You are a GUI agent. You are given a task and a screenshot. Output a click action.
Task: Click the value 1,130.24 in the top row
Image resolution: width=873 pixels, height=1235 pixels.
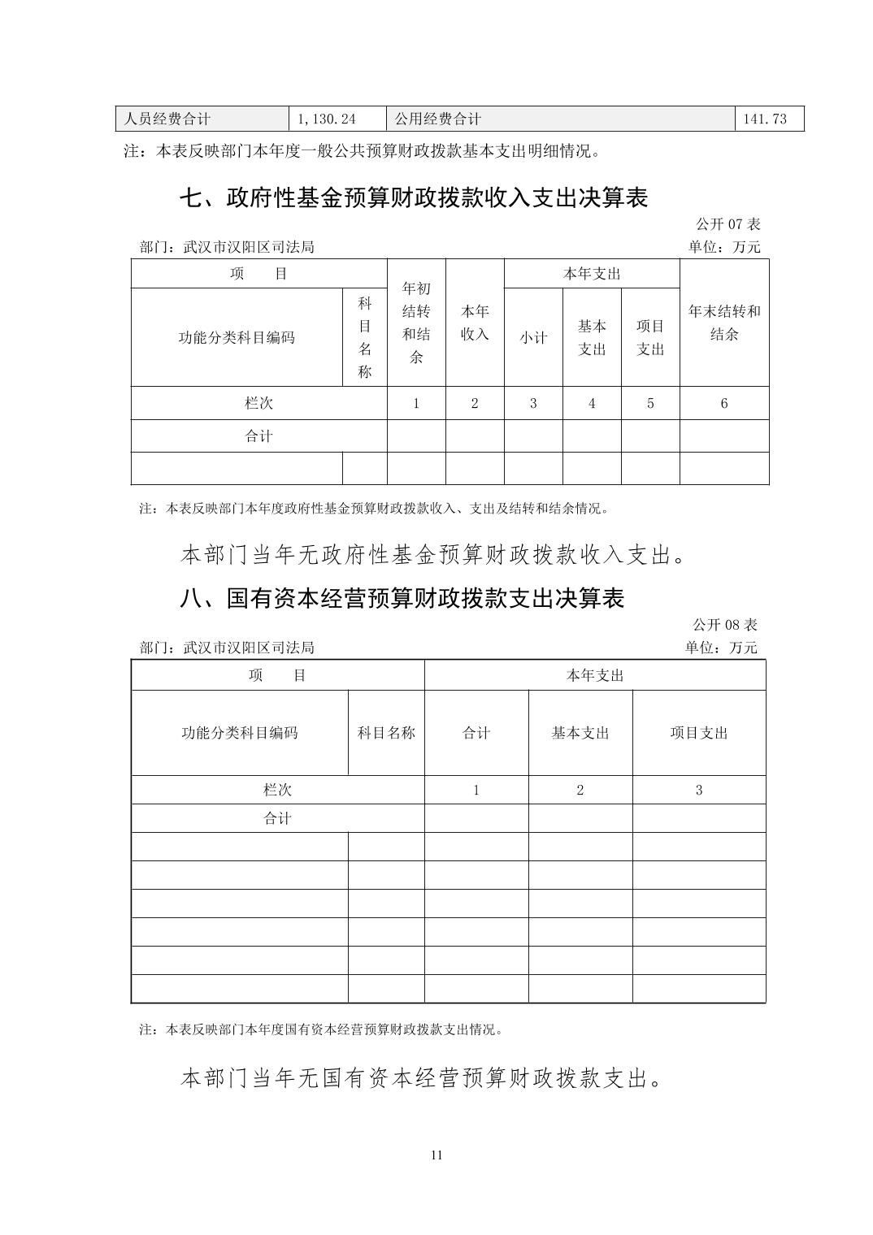(327, 119)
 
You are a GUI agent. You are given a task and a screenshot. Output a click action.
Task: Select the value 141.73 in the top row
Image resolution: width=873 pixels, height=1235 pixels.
(765, 119)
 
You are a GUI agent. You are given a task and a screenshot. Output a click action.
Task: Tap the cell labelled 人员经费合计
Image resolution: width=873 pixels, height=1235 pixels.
(167, 119)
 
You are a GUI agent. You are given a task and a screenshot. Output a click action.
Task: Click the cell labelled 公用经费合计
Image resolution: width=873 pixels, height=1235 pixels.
(438, 119)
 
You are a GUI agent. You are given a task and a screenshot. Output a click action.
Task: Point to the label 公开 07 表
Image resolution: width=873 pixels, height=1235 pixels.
(727, 224)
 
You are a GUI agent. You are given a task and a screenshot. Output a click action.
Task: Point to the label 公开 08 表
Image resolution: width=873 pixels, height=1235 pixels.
(725, 625)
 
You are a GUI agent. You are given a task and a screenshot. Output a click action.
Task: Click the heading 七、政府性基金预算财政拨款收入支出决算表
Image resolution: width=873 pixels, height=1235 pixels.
(413, 197)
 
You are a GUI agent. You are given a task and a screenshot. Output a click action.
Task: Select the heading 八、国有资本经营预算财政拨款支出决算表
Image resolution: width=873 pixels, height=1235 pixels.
(402, 598)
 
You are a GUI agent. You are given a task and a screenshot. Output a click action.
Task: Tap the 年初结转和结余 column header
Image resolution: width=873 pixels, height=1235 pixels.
(416, 323)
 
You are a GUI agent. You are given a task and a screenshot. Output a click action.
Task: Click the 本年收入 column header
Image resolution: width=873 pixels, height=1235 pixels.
(475, 323)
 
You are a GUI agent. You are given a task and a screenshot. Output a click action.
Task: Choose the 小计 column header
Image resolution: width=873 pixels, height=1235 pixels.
(533, 337)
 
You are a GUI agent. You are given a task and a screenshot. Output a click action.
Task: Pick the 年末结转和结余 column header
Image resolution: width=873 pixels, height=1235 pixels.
(724, 323)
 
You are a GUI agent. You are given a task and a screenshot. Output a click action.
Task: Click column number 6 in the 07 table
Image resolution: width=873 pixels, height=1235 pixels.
(724, 403)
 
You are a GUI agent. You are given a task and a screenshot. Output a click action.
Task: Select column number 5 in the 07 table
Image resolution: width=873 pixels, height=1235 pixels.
(650, 403)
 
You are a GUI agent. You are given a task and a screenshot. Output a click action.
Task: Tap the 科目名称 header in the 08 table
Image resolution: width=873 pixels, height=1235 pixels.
(386, 733)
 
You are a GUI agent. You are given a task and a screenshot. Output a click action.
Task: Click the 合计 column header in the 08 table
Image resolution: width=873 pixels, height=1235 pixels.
(476, 733)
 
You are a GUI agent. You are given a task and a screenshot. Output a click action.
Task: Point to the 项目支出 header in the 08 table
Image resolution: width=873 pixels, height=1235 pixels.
(699, 733)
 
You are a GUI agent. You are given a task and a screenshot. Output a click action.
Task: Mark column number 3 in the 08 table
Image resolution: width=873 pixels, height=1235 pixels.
(699, 790)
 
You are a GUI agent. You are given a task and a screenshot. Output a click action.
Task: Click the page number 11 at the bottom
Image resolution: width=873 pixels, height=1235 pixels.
(436, 1155)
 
